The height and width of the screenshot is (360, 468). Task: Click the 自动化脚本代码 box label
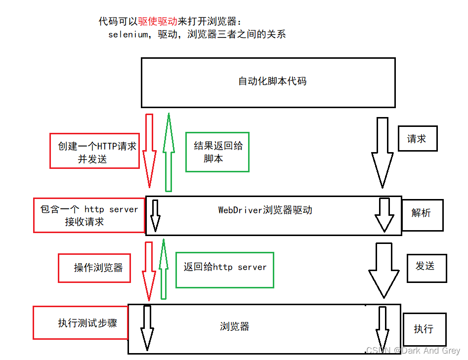272,81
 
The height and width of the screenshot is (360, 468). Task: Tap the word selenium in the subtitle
128,35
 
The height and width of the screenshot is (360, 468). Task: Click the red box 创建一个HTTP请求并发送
95,150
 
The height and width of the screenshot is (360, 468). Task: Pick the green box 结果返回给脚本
217,152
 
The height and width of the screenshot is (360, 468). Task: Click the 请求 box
418,139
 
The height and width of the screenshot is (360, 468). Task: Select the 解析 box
422,213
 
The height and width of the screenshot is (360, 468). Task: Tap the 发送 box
426,267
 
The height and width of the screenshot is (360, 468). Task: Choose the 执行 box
425,329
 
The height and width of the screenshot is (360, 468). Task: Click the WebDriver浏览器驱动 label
265,210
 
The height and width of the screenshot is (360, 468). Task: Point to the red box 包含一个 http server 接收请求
88,215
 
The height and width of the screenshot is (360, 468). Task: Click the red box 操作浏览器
94,268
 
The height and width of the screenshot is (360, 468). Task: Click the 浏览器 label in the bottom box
234,327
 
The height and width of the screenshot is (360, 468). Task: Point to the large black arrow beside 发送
383,269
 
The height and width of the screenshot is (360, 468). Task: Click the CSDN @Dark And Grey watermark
413,351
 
